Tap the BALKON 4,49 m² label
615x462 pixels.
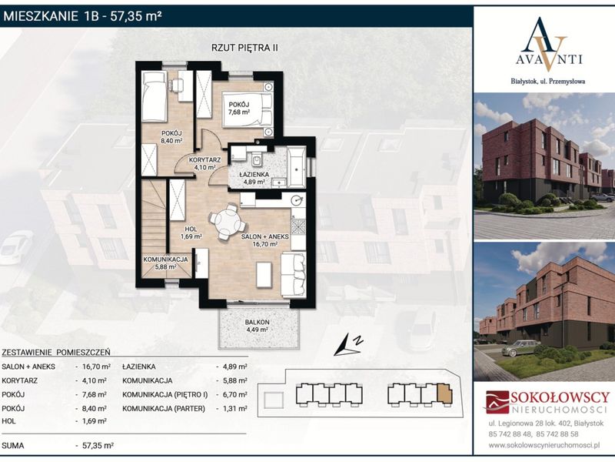coord(258,326)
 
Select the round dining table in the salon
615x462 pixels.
coord(227,223)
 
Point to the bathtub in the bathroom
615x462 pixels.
coord(297,167)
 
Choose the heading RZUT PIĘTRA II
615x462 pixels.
coord(244,48)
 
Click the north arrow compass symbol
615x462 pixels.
coord(347,344)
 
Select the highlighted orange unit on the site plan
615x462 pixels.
coord(444,394)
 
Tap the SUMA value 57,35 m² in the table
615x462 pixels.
coord(98,446)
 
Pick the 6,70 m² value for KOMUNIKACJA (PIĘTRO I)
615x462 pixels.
coord(235,394)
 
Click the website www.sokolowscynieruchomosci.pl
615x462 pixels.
coord(544,445)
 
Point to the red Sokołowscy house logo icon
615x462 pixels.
coord(497,401)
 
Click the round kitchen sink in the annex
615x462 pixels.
coord(298,200)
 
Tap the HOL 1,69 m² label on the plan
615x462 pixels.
coord(191,233)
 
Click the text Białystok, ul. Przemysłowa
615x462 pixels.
coord(548,82)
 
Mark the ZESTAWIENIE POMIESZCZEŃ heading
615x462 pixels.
coord(56,353)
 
